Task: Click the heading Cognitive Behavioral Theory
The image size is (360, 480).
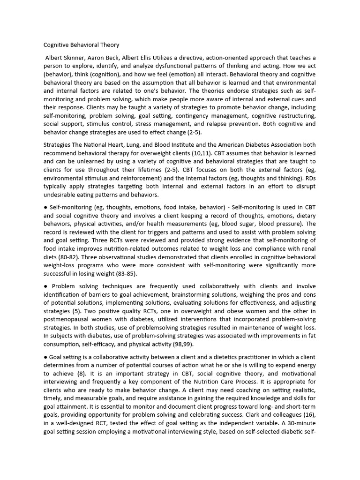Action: [x=81, y=45]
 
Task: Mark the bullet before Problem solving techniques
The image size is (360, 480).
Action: [x=45, y=286]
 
